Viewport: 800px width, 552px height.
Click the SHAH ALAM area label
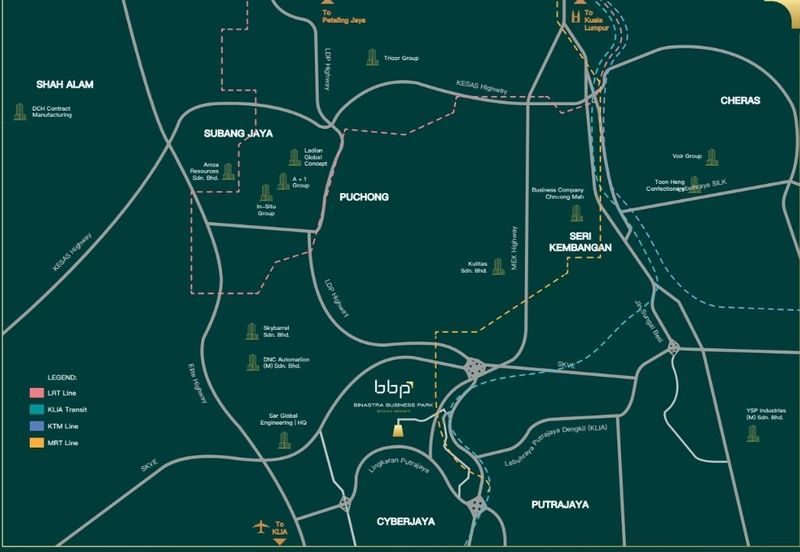pos(64,84)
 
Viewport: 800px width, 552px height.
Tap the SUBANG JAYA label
pos(238,133)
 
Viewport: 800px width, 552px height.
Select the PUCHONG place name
pos(362,198)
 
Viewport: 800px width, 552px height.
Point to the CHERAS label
pos(741,101)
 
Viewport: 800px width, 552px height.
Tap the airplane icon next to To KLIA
pos(262,526)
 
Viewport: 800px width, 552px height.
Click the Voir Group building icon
pos(712,157)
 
